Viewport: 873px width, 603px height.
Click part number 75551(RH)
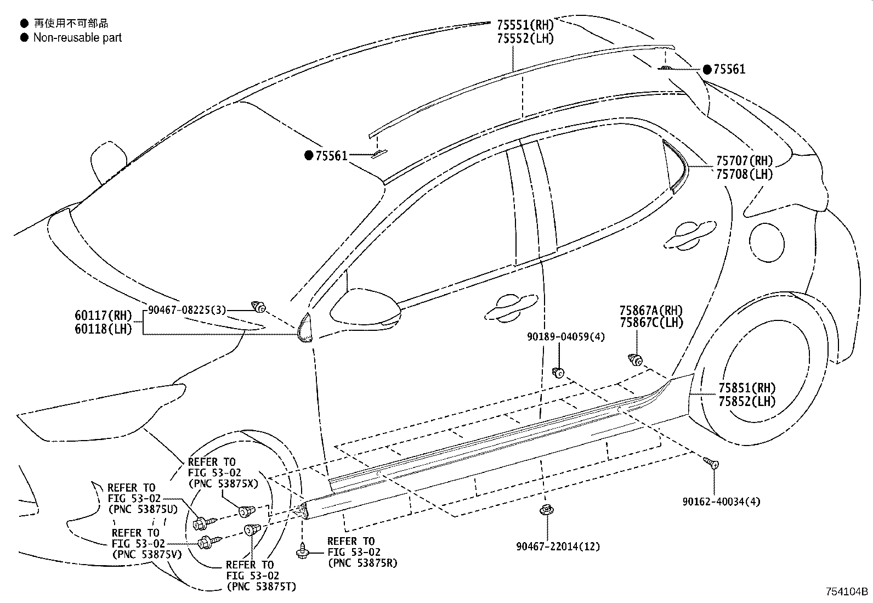tap(525, 25)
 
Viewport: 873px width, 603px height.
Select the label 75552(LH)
tap(525, 38)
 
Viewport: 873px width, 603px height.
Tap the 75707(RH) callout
tap(744, 161)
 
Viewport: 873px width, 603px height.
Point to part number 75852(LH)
tap(747, 401)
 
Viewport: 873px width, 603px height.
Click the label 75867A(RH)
tap(651, 311)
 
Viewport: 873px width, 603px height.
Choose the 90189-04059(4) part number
tap(566, 337)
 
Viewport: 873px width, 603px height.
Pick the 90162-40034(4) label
tap(721, 501)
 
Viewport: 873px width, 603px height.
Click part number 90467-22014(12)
tap(558, 546)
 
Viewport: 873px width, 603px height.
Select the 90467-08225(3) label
tap(186, 310)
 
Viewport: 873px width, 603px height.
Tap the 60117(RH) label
tap(104, 315)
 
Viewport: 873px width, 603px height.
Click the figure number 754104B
tap(847, 592)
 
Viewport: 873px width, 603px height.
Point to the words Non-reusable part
tap(77, 38)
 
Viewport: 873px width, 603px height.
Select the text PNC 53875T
tap(261, 587)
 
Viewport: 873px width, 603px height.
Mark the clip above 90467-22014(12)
tap(545, 510)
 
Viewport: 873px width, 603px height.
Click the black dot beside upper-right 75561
tap(707, 70)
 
